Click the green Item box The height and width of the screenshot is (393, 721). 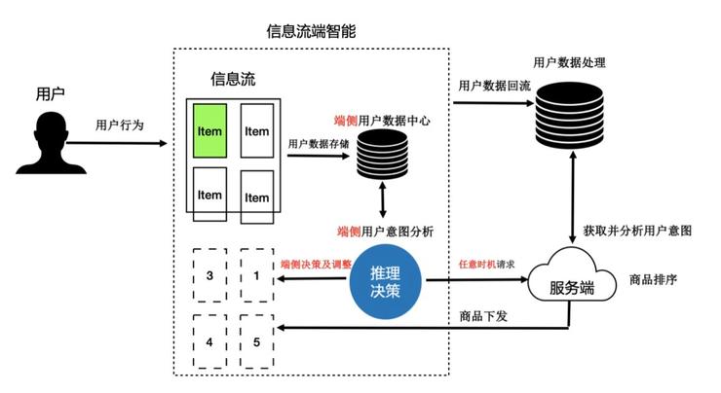(209, 131)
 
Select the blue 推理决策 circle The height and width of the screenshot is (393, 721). (385, 281)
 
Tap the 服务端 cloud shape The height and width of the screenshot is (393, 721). (572, 275)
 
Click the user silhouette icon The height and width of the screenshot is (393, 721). (51, 143)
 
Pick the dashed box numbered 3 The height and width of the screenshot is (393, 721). (209, 275)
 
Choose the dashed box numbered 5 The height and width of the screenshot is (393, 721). (256, 341)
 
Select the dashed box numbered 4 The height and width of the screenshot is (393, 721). (209, 341)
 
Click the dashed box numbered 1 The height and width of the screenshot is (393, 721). (256, 275)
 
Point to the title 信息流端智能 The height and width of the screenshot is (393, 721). (311, 31)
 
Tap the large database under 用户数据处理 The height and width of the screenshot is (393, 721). (569, 115)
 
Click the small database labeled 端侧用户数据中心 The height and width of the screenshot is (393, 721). (382, 155)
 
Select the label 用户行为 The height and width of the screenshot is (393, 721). (120, 125)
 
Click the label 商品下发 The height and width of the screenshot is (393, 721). (483, 316)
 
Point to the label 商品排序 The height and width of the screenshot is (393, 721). (653, 279)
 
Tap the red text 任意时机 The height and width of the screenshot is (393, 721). (477, 264)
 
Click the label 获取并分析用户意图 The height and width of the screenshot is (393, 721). (637, 231)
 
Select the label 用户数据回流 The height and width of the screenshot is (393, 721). (494, 86)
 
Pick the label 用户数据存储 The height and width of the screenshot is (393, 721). (319, 144)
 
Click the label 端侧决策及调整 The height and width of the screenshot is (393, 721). (316, 264)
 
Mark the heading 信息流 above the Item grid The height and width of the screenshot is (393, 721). (233, 79)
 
